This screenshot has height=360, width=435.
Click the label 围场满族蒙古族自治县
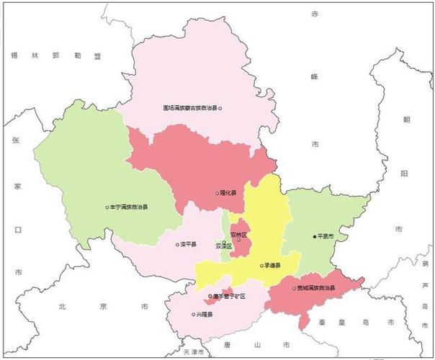190,108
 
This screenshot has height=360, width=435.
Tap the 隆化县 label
229,193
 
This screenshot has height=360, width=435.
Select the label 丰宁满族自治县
129,207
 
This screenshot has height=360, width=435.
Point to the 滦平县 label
188,244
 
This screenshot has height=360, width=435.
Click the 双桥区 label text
239,235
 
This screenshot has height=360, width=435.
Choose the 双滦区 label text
224,246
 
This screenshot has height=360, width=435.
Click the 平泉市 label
326,236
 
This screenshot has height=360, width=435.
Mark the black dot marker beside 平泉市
314,236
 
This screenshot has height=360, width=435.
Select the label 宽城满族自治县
317,288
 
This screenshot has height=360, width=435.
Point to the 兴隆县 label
206,314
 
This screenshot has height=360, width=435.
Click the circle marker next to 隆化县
217,193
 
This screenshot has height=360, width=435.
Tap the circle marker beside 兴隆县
194,314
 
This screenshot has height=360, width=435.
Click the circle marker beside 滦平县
177,244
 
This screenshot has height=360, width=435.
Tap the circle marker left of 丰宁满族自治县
107,207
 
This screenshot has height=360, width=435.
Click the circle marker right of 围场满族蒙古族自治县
220,108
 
